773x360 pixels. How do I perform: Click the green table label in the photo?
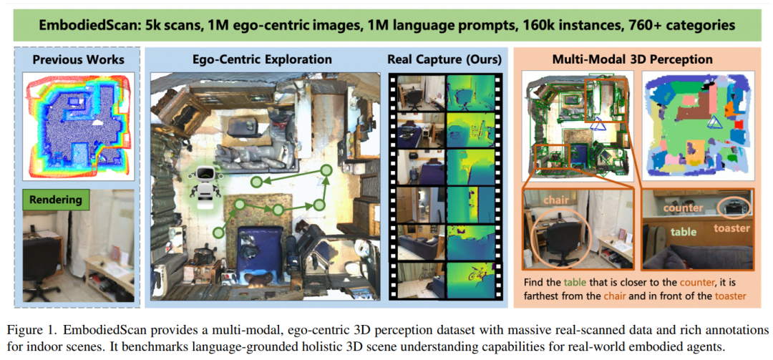pos(683,231)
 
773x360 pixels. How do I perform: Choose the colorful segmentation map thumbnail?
pos(697,125)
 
